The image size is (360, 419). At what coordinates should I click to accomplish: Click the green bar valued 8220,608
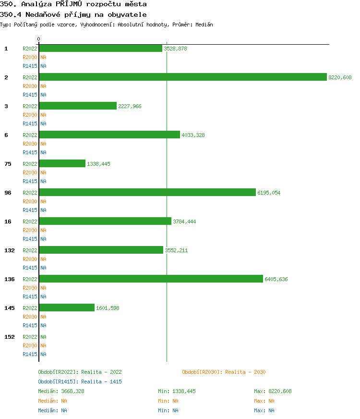click(182, 77)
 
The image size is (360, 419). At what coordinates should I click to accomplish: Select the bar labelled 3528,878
click(100, 48)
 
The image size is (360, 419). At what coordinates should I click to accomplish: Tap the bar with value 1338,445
click(62, 163)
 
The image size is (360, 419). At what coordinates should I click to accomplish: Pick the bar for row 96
click(147, 192)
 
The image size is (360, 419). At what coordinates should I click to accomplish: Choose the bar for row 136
click(151, 279)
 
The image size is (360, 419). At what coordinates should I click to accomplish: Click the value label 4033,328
click(193, 135)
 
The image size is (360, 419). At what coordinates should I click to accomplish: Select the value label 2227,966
click(130, 106)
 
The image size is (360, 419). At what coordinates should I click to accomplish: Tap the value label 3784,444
click(184, 222)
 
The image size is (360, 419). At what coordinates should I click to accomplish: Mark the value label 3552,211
click(176, 250)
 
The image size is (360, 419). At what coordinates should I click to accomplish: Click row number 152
click(10, 337)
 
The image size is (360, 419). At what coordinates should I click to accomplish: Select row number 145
click(10, 308)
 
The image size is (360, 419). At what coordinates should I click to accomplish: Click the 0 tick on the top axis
click(39, 39)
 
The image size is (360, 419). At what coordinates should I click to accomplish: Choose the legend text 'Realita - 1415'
click(101, 382)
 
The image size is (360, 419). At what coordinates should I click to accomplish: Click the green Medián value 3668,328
click(72, 391)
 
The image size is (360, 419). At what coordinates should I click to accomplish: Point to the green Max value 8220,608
click(279, 391)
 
